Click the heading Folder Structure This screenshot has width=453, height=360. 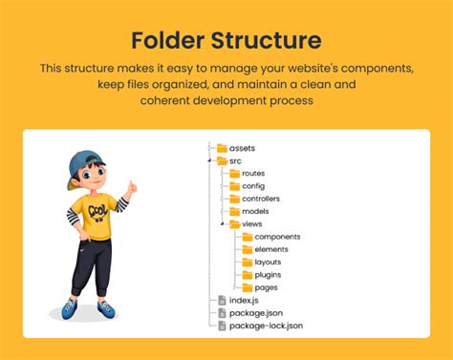226,41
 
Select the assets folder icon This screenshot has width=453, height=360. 222,148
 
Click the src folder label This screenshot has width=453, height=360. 235,160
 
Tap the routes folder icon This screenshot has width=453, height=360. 234,173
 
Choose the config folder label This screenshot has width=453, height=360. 252,186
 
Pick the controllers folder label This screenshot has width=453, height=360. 261,199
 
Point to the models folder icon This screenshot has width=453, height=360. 234,211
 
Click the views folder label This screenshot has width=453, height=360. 252,223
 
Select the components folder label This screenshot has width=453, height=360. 277,236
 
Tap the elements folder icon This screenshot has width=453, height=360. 247,248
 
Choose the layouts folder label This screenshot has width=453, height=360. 268,262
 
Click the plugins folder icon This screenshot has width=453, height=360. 247,274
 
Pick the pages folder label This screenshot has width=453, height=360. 266,286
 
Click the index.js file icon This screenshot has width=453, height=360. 222,300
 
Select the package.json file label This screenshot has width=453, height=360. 255,312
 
